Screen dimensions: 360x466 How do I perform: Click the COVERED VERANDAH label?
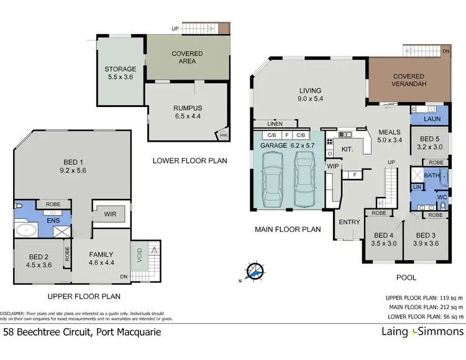(x=408, y=81)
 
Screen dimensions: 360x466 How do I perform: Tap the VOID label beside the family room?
(x=139, y=255)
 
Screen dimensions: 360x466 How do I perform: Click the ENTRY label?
(x=349, y=221)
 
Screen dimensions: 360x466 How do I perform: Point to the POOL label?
(x=406, y=277)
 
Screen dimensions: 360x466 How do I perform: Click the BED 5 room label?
(x=429, y=143)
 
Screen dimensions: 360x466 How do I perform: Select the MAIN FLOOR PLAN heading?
(x=288, y=229)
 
